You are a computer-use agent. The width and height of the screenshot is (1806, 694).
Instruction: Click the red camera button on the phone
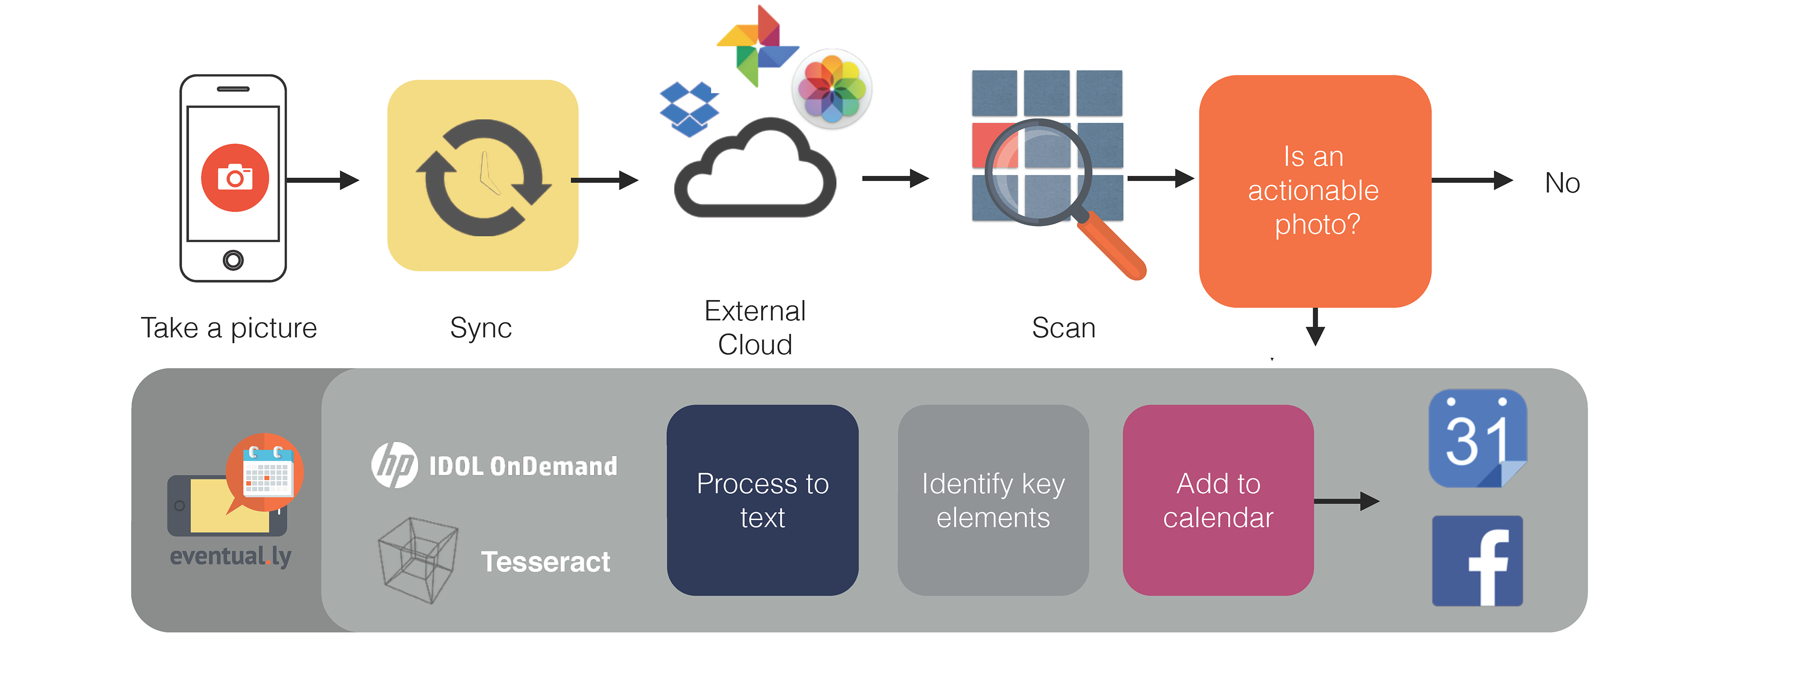coord(235,177)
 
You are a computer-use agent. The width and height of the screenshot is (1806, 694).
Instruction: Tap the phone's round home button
coord(233,260)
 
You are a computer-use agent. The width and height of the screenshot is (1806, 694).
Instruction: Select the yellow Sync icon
coord(483,176)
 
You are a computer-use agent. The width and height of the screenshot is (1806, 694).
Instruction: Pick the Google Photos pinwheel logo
coord(757,46)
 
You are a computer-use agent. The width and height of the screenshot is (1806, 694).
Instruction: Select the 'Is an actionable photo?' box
coord(1315,191)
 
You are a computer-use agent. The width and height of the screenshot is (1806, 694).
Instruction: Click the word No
coord(1562,184)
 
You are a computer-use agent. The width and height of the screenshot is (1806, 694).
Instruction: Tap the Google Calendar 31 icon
coord(1477,439)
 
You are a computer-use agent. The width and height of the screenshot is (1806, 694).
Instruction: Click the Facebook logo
coord(1477,561)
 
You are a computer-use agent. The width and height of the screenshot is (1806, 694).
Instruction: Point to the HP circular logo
coord(395,465)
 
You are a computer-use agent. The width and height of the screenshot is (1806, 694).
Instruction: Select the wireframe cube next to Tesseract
coord(418,560)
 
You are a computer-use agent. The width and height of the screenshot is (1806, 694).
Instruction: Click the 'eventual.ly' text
coord(230,557)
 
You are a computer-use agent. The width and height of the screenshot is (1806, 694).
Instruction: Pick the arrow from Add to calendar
coord(1346,501)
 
